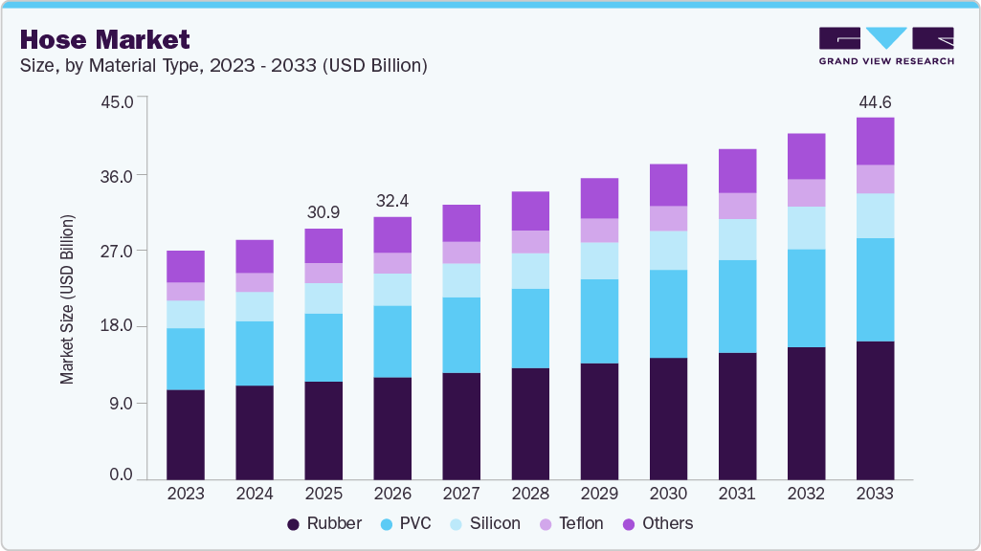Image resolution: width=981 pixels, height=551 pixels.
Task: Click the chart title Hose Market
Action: pos(104,39)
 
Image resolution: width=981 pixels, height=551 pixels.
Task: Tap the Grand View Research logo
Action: pos(886,46)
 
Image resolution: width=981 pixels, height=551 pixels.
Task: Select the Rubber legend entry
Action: pos(324,523)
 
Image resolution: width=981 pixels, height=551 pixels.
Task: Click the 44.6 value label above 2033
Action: pos(875,101)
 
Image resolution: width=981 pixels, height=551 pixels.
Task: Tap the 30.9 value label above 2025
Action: pos(323,211)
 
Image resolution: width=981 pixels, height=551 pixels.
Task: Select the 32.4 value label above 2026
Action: pos(392,201)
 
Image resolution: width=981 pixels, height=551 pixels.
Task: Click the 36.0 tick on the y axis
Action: pos(121,176)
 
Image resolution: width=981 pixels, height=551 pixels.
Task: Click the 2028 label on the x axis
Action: pos(530,494)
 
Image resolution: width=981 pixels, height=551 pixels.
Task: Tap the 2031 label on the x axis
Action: pos(737,494)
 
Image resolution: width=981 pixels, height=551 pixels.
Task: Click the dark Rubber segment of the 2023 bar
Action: pos(186,434)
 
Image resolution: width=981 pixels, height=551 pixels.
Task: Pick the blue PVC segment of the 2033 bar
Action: pos(875,290)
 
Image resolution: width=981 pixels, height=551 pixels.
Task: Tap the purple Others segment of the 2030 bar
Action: pos(668,185)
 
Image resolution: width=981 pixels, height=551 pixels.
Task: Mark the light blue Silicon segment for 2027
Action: pos(461,280)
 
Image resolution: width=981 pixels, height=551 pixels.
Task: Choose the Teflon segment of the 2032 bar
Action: pos(806,193)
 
